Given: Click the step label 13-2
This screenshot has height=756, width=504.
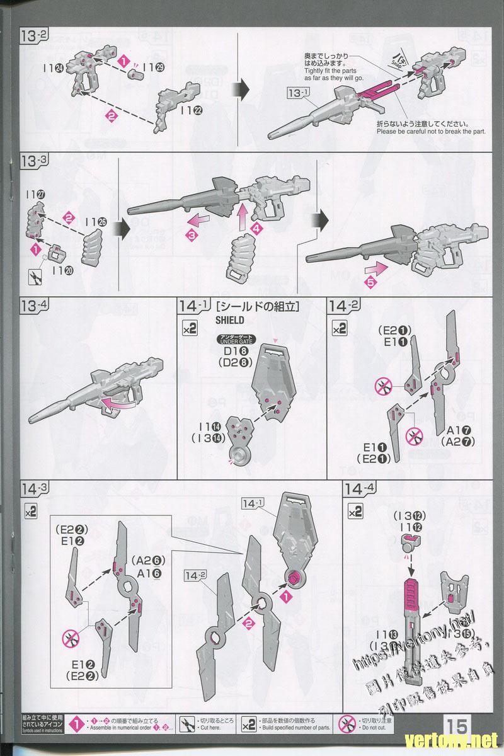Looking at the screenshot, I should tap(34, 36).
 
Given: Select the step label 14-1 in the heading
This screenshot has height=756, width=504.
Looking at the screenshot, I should tap(193, 307).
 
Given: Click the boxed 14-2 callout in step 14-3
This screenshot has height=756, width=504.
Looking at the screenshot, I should tap(197, 575).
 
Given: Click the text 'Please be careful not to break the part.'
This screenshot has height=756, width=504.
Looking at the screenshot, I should tap(431, 131).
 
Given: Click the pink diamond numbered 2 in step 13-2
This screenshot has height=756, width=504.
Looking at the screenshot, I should tap(112, 115).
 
